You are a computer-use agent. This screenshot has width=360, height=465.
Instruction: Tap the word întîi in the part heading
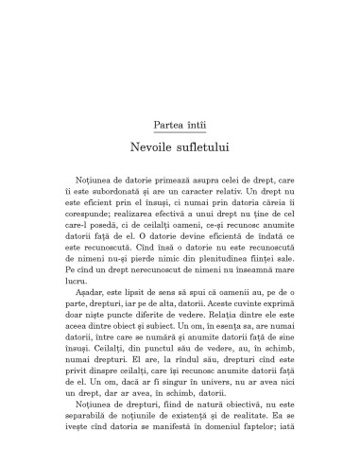coord(199,125)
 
